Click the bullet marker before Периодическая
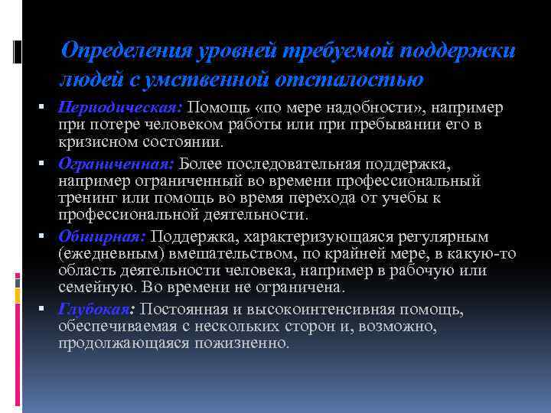(46, 106)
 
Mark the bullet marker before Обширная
(46, 236)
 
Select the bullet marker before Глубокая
(46, 309)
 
